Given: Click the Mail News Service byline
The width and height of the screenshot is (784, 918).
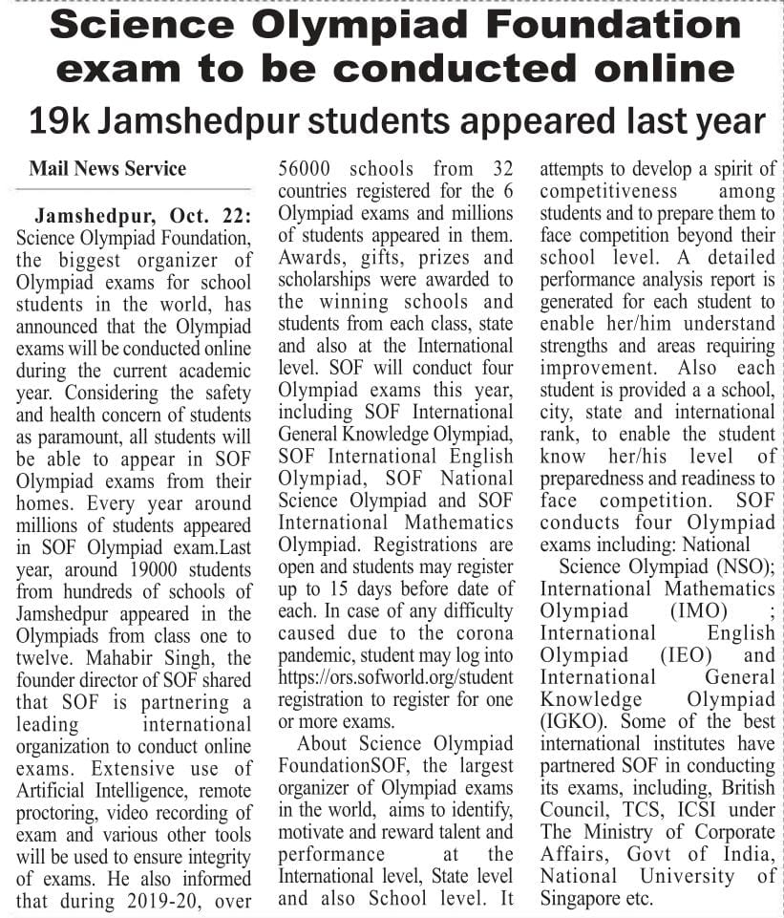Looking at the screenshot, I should pos(107,169).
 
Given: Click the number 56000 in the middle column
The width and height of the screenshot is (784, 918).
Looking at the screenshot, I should pos(306,169).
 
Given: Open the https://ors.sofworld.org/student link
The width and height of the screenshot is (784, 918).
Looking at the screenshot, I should pos(395,675).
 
